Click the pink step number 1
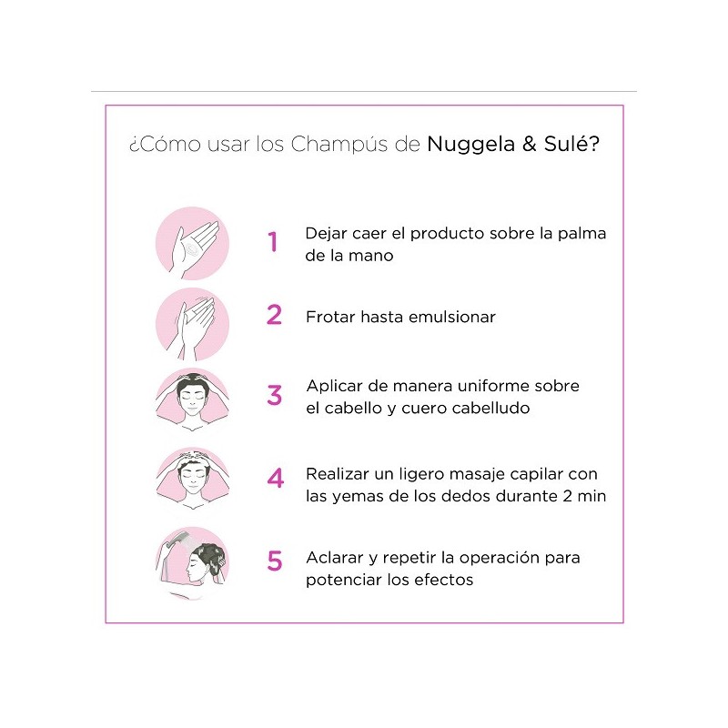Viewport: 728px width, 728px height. click(x=272, y=241)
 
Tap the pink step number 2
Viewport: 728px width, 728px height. click(x=275, y=315)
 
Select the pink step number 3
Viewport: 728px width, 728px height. click(x=275, y=395)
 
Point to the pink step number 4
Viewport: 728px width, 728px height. click(x=276, y=479)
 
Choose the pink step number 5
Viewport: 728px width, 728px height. click(x=275, y=561)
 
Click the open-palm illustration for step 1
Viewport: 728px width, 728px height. click(x=192, y=243)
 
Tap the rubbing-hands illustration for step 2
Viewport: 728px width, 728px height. click(x=192, y=324)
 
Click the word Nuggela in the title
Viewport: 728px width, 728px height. click(x=470, y=145)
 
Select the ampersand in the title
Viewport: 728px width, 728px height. click(x=530, y=144)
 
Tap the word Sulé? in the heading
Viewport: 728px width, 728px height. click(x=571, y=144)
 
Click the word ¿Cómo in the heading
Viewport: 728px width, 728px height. click(x=165, y=144)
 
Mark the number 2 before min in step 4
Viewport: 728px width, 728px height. click(x=567, y=496)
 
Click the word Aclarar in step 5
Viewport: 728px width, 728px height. click(x=335, y=558)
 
